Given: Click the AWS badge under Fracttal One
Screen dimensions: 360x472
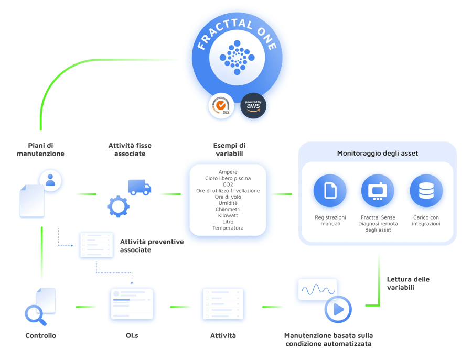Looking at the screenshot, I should (253, 105).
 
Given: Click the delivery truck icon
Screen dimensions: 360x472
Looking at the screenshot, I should (140, 187).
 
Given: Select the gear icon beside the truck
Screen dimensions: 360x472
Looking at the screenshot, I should (118, 205).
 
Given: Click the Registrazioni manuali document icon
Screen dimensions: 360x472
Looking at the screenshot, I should (330, 191).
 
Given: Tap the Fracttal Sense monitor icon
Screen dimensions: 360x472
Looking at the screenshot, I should (378, 191).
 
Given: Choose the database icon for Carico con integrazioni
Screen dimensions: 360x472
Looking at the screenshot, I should (425, 191).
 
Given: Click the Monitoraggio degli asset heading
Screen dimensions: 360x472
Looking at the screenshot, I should (378, 153).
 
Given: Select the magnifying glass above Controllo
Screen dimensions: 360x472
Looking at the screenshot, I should (35, 314).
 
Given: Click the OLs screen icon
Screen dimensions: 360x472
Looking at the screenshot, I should (131, 303).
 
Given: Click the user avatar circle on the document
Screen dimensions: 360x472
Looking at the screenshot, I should (50, 181).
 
